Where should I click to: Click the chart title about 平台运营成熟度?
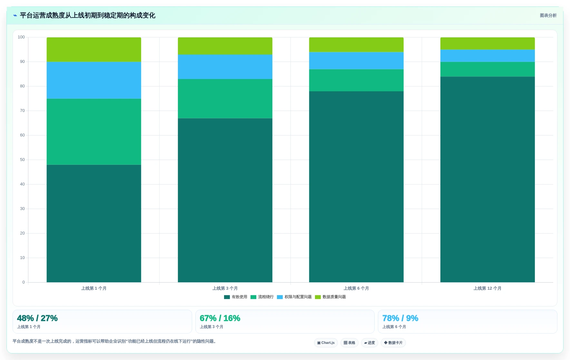(87, 15)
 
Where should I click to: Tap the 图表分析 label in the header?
(548, 15)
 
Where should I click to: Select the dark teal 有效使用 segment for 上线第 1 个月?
(94, 224)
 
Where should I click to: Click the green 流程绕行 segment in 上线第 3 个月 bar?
(225, 99)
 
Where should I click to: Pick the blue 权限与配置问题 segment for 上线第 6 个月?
(356, 61)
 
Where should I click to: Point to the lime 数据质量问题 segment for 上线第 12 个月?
(487, 44)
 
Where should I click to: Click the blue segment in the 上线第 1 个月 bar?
(94, 80)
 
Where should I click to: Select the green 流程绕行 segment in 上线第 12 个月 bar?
(487, 69)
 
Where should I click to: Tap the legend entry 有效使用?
(236, 297)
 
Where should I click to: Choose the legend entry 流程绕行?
(262, 297)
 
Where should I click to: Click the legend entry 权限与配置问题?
(294, 297)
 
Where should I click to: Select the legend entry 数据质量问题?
(330, 297)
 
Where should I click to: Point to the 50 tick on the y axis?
(22, 160)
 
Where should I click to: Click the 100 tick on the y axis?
(21, 37)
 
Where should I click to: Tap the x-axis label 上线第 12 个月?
(487, 288)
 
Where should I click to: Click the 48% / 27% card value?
(37, 318)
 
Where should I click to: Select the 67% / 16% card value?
(220, 318)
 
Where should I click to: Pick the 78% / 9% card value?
(400, 318)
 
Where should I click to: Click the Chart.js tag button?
(326, 343)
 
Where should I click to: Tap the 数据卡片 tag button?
(393, 343)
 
